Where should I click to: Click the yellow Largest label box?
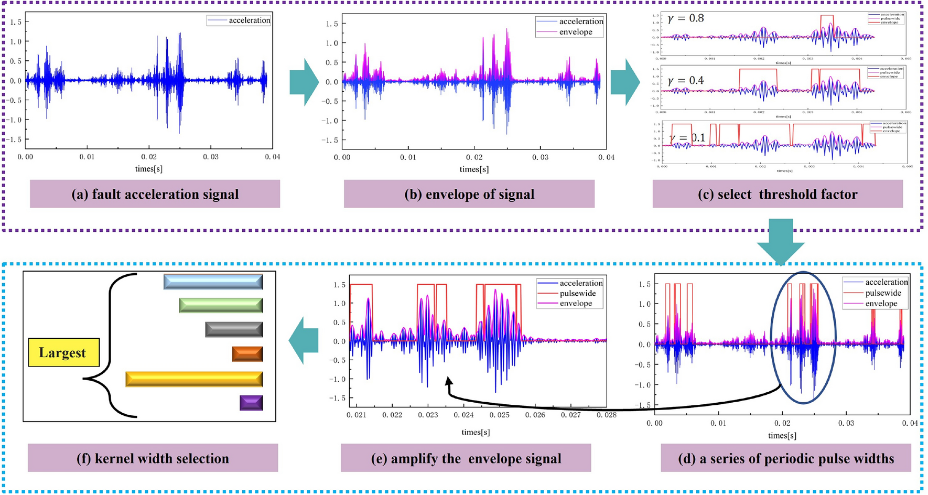coord(63,352)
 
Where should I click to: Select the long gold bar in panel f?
coord(194,379)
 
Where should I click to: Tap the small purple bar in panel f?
coord(251,403)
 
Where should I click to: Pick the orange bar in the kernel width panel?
coord(247,354)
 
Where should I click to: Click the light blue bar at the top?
coord(213,282)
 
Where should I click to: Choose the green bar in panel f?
coord(221,305)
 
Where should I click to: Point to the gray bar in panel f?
coord(234,329)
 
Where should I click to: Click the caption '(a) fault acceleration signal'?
coord(155,194)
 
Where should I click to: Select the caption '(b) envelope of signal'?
coord(469,194)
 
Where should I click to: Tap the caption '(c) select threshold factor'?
coord(778,194)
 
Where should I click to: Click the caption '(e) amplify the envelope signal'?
coord(466,458)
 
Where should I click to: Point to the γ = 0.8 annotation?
coord(686,18)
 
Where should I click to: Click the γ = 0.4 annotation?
coord(686,80)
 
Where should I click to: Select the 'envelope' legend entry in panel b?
coord(575,32)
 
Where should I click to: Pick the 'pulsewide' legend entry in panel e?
coord(577,293)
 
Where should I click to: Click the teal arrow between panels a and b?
coord(304,82)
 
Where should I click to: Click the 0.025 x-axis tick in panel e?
coord(500,415)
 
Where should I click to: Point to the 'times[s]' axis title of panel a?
coord(148,169)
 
